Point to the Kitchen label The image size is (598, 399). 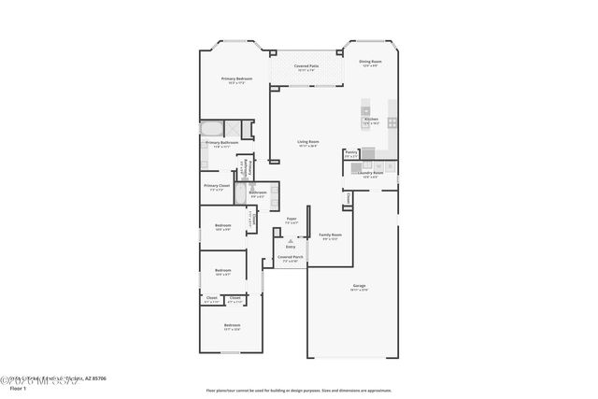point(371,121)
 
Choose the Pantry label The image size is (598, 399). point(350,154)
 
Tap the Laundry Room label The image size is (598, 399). point(372,175)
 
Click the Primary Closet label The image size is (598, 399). point(217,187)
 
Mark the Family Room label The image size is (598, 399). point(330,236)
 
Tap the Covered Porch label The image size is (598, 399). point(290,259)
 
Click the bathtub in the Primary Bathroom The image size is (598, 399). point(212,129)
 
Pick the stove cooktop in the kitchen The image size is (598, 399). point(392,121)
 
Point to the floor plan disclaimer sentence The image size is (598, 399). point(300,391)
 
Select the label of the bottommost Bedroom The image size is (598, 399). point(232,327)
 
